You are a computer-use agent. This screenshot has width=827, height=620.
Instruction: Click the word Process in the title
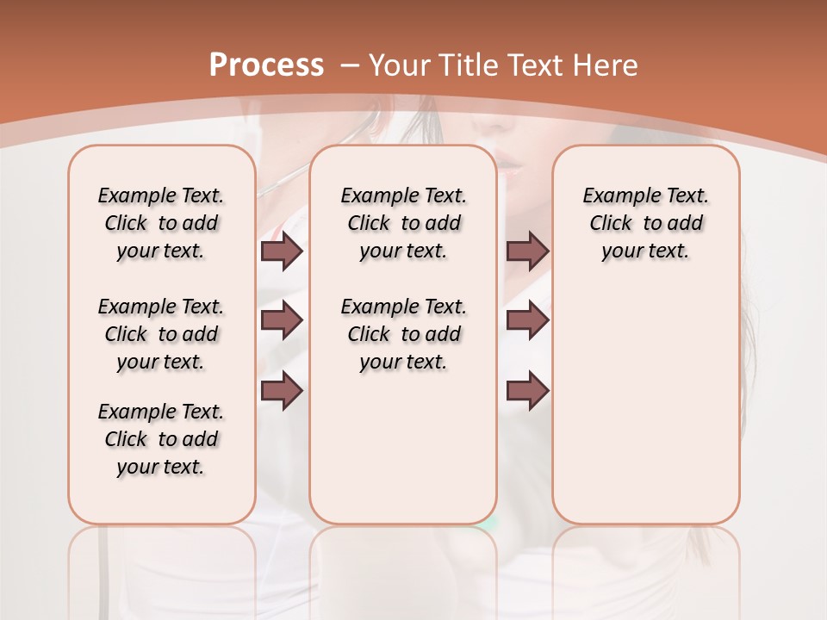266,65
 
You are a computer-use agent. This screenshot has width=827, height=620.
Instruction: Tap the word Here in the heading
606,65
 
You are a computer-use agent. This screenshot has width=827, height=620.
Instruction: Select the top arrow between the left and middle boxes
282,251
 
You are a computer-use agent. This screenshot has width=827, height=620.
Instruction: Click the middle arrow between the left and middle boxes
282,320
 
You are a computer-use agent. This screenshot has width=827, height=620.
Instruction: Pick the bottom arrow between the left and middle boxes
282,391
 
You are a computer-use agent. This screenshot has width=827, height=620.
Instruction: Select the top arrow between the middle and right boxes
527,251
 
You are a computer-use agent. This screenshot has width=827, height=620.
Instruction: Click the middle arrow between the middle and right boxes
527,320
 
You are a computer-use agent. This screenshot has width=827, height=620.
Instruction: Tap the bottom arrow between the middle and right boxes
527,391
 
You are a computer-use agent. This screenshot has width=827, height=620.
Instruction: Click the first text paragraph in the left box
161,223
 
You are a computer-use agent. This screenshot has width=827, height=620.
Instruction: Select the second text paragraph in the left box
161,334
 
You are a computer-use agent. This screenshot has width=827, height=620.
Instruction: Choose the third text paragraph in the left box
161,439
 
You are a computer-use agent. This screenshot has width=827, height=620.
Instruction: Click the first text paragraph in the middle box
403,223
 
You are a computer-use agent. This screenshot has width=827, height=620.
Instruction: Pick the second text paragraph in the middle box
403,334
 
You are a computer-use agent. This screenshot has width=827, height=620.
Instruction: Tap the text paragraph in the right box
645,223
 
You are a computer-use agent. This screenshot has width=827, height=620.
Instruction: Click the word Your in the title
399,65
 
